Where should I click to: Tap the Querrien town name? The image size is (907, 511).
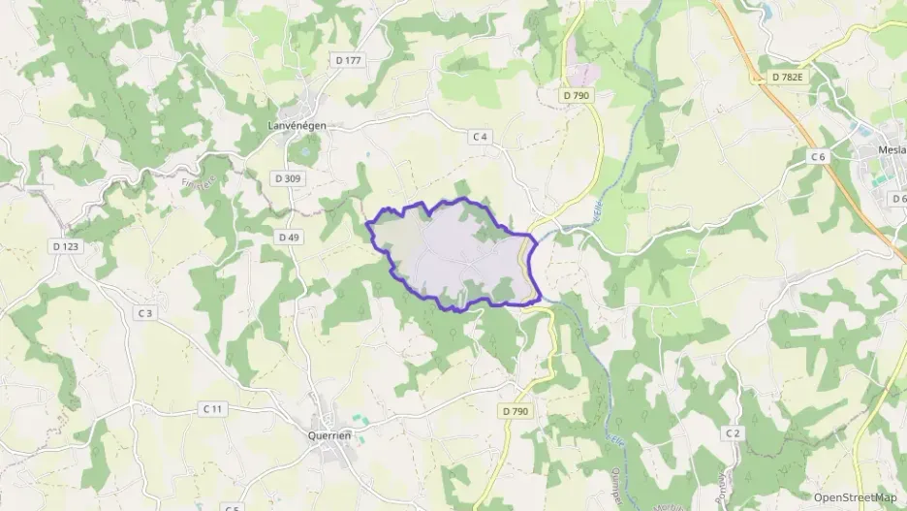click(x=328, y=435)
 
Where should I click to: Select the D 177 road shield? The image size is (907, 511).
click(x=348, y=60)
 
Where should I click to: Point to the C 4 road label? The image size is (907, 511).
click(x=480, y=137)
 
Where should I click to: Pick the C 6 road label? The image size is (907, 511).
click(x=818, y=157)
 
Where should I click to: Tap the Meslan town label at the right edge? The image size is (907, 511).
click(x=891, y=150)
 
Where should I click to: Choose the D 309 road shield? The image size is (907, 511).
click(x=288, y=178)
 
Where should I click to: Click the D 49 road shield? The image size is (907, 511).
click(x=289, y=237)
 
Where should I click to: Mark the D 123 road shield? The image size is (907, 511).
click(x=66, y=246)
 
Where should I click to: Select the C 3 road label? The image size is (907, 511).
click(x=145, y=312)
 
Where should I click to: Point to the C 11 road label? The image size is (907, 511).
click(x=213, y=409)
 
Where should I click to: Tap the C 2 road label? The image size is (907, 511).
click(x=733, y=432)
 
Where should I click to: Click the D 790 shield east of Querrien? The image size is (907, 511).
click(x=516, y=411)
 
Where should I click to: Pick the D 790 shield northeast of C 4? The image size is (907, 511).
click(x=575, y=95)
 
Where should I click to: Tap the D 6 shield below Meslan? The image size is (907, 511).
click(x=898, y=199)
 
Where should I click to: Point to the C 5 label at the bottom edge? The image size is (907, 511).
click(x=231, y=507)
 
